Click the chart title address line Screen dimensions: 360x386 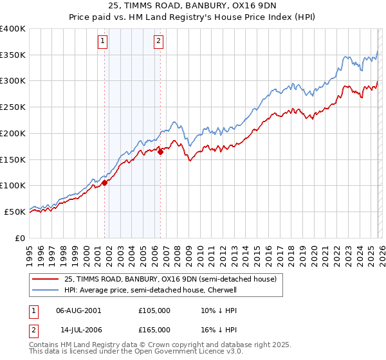click(x=192, y=7)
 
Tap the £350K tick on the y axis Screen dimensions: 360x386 click(x=13, y=55)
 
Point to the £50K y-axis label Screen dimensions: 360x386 click(x=15, y=212)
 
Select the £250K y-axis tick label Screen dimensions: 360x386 click(x=13, y=107)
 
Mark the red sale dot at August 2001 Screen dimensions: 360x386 click(x=104, y=183)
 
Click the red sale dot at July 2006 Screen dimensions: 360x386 click(x=160, y=152)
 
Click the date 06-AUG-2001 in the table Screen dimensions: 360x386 click(x=78, y=310)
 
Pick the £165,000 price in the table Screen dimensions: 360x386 click(x=154, y=329)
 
